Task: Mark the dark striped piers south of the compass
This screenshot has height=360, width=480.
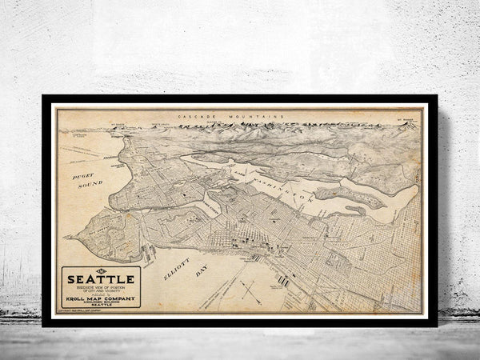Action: (284, 282)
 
